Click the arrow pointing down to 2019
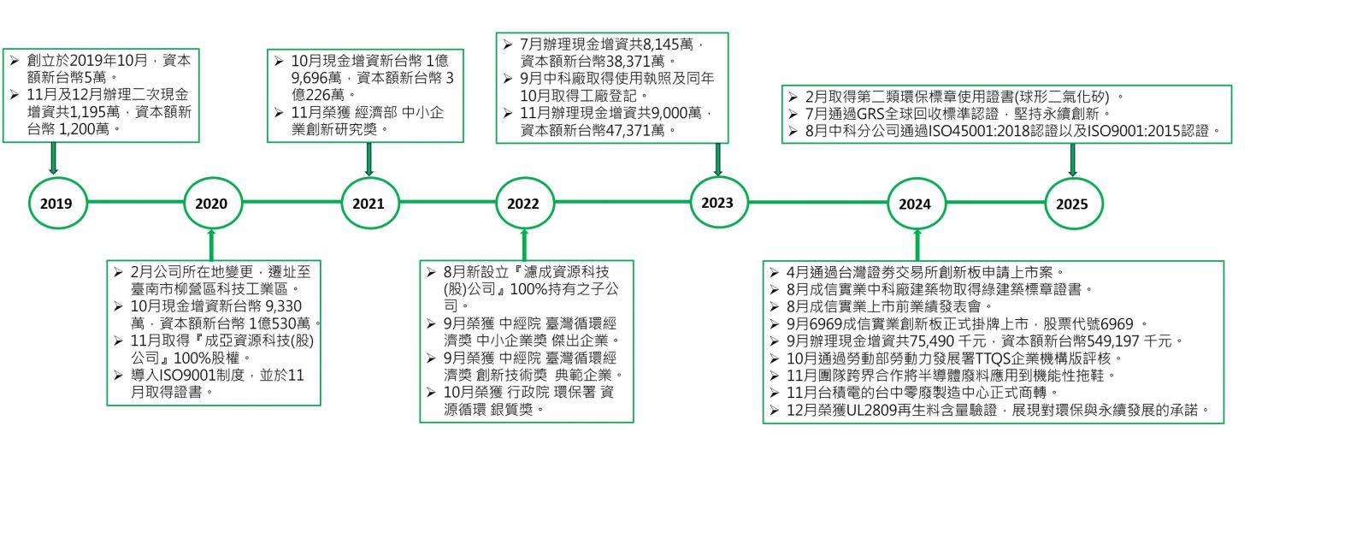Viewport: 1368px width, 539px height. point(54,159)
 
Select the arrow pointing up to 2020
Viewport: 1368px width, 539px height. point(212,245)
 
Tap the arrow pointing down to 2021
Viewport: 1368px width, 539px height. point(369,159)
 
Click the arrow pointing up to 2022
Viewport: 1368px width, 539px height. point(524,245)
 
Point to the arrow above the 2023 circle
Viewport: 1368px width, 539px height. point(718,159)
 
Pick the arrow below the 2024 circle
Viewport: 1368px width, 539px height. point(917,245)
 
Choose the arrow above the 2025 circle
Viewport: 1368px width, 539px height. point(1072,160)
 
